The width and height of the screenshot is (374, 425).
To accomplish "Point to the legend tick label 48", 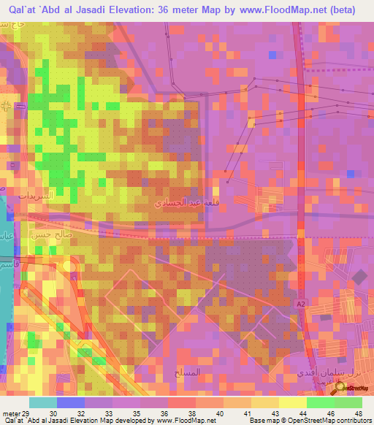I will pyautogui.click(x=360, y=413).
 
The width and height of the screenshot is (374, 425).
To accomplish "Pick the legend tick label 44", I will pyautogui.click(x=291, y=413).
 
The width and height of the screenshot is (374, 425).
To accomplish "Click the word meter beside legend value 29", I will pyautogui.click(x=11, y=413).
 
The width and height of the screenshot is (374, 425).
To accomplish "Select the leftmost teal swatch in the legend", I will pyautogui.click(x=43, y=402).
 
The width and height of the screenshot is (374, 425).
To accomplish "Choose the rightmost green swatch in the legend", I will pyautogui.click(x=348, y=402).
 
